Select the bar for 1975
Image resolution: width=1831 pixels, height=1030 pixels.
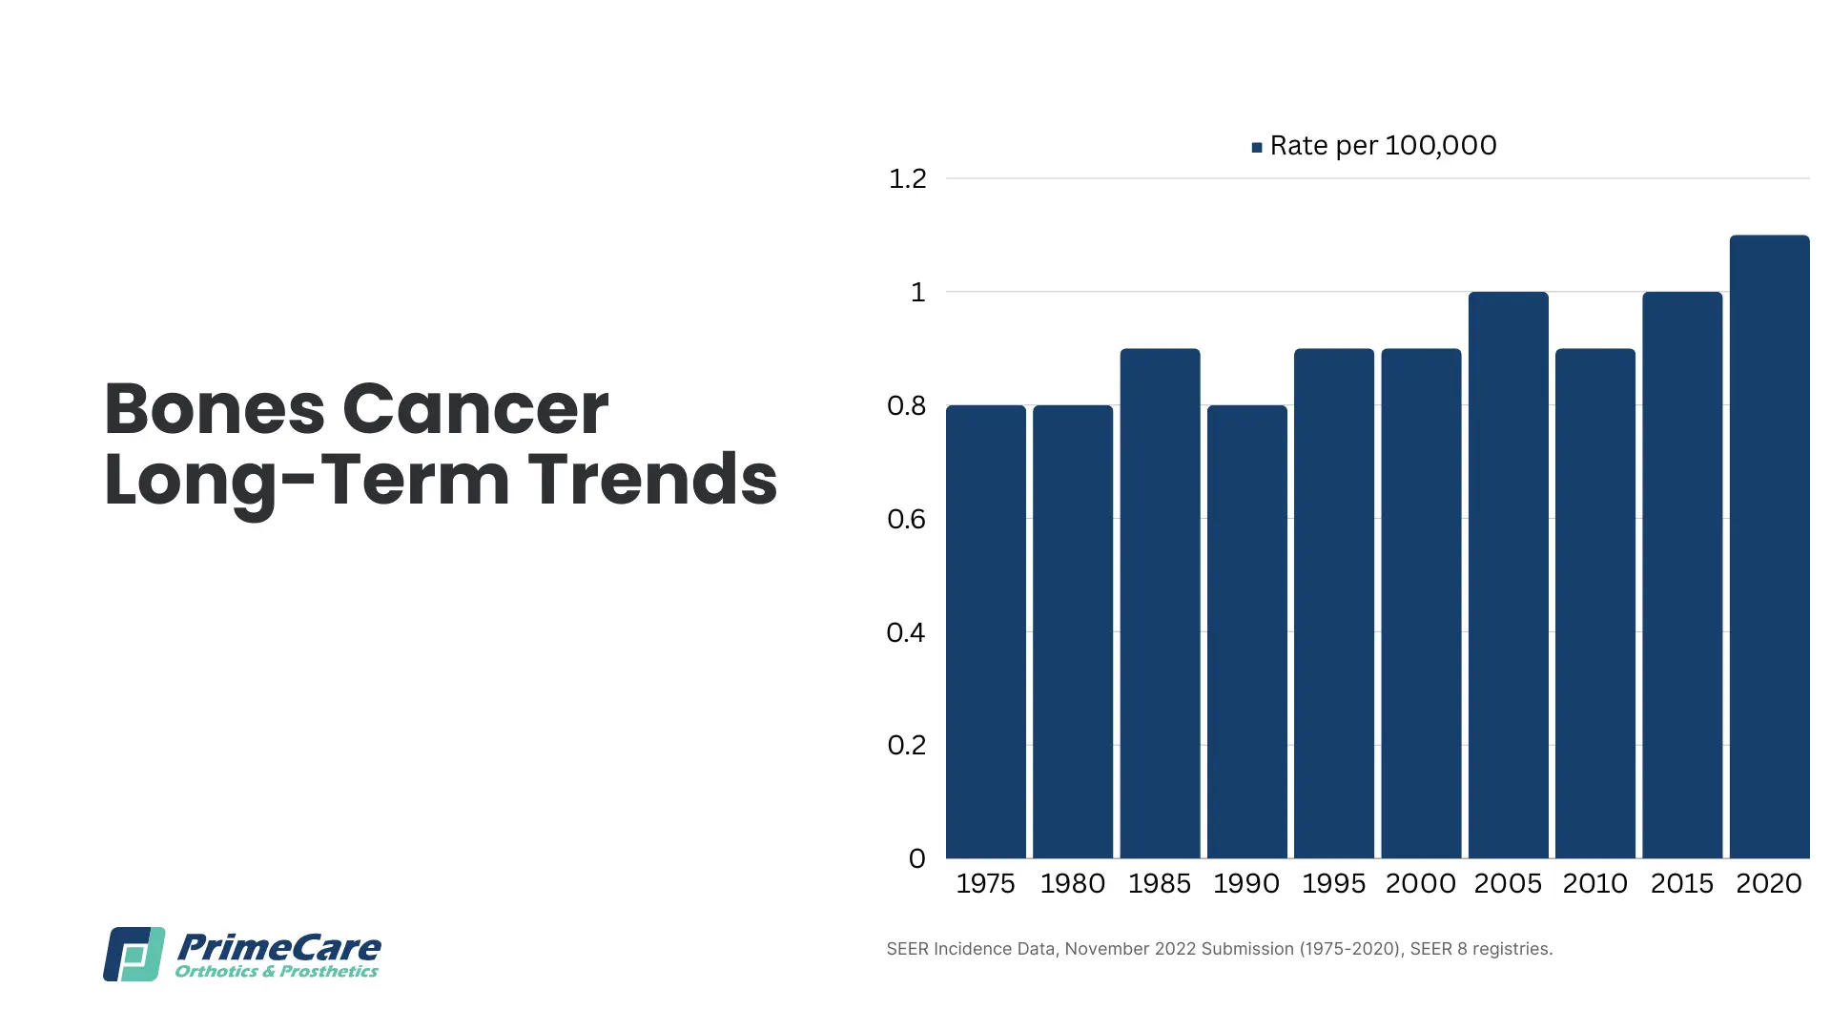click(x=985, y=631)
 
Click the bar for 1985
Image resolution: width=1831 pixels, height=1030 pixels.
click(x=1160, y=603)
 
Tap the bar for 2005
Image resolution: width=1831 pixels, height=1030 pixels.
click(x=1508, y=575)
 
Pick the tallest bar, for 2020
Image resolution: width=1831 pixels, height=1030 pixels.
click(x=1769, y=546)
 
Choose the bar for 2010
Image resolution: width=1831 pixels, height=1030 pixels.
click(x=1595, y=603)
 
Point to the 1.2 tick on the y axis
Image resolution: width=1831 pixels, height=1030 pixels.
click(x=907, y=178)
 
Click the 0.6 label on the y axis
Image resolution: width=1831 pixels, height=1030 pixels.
click(x=906, y=519)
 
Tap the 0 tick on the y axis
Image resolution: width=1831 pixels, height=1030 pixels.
click(x=916, y=858)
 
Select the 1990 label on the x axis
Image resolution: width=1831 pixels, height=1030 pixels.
click(x=1246, y=883)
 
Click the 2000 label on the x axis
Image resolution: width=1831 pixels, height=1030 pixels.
click(x=1421, y=883)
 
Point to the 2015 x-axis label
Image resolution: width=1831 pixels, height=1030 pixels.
click(x=1682, y=883)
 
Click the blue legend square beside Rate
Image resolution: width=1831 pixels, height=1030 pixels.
click(x=1257, y=147)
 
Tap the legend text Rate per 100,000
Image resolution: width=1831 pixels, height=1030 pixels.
click(x=1383, y=145)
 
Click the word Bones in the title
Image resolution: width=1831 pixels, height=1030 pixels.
click(x=215, y=409)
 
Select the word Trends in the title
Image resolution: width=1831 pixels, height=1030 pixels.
click(x=652, y=479)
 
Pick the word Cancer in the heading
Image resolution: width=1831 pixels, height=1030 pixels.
click(x=475, y=409)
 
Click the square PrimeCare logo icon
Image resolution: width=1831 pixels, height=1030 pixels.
click(x=134, y=954)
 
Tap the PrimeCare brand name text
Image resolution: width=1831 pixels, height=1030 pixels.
click(x=278, y=947)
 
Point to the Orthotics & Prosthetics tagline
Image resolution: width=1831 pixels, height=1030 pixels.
click(x=277, y=972)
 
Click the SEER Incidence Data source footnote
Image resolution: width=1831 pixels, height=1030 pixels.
click(x=1220, y=949)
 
